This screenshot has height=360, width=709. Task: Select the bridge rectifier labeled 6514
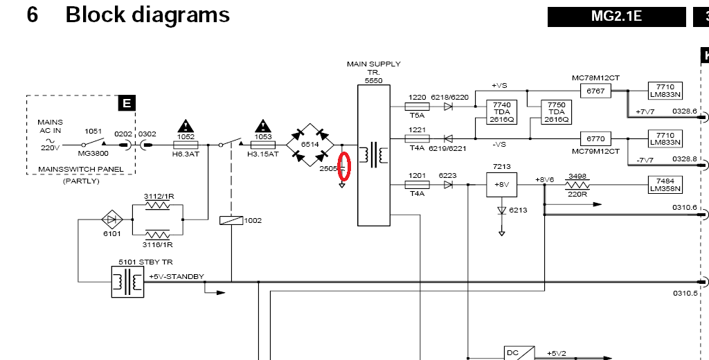point(310,145)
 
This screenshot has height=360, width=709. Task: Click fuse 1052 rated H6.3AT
point(186,145)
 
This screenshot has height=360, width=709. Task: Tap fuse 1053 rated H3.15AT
point(262,145)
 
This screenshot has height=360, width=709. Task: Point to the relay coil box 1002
point(231,220)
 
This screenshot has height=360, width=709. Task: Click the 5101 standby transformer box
point(127,282)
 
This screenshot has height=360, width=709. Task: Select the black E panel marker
point(127,103)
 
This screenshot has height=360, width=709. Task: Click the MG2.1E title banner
point(617,17)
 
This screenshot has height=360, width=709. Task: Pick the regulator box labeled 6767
point(595,91)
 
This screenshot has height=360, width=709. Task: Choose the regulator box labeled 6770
point(595,138)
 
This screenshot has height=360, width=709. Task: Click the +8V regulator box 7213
point(501,185)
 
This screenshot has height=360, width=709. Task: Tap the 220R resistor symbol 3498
point(577,185)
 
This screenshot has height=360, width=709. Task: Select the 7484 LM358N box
point(665,185)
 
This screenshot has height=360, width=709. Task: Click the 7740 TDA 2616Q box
point(501,111)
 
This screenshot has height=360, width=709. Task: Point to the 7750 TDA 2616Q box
point(556,111)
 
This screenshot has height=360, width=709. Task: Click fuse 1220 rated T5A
point(417,107)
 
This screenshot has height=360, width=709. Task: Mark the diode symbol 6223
point(448,185)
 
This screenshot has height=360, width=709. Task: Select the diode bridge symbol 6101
point(112,219)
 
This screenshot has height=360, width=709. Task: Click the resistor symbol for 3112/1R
point(157,206)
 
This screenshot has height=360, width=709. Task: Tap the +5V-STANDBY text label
point(177,276)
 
